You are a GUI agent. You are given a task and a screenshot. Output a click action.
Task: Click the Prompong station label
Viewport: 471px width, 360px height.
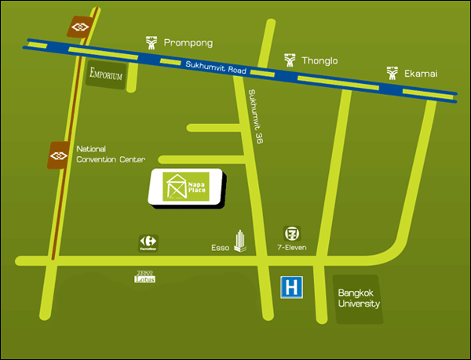pyautogui.click(x=188, y=42)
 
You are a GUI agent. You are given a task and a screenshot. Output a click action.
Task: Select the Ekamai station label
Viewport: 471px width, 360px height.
pyautogui.click(x=420, y=74)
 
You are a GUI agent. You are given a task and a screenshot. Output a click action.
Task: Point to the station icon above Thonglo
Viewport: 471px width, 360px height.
pyautogui.click(x=290, y=60)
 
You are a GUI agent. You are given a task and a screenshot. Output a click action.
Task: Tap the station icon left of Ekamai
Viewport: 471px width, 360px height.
pyautogui.click(x=392, y=74)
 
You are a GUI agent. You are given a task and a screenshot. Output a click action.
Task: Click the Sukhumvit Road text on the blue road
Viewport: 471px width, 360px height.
pyautogui.click(x=216, y=68)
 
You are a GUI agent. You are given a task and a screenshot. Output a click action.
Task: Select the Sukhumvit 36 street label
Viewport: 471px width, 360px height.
pyautogui.click(x=255, y=116)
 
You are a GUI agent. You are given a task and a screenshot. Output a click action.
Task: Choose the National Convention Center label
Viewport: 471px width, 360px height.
pyautogui.click(x=111, y=154)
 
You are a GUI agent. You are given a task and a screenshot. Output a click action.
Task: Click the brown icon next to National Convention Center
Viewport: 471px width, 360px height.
pyautogui.click(x=59, y=155)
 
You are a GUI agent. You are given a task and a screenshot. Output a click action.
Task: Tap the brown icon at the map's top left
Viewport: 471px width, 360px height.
pyautogui.click(x=79, y=27)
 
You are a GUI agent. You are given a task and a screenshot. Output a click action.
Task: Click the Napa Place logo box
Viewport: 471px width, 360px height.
pyautogui.click(x=187, y=187)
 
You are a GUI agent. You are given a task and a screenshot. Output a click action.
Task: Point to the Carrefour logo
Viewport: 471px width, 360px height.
pyautogui.click(x=148, y=242)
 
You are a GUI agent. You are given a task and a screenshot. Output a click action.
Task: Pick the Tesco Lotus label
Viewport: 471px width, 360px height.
pyautogui.click(x=147, y=277)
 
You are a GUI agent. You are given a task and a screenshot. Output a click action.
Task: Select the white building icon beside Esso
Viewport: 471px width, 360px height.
pyautogui.click(x=240, y=242)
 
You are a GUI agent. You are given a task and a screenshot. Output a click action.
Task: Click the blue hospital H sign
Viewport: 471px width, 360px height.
pyautogui.click(x=291, y=288)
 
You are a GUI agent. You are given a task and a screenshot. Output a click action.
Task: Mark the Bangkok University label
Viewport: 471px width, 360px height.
pyautogui.click(x=359, y=299)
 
